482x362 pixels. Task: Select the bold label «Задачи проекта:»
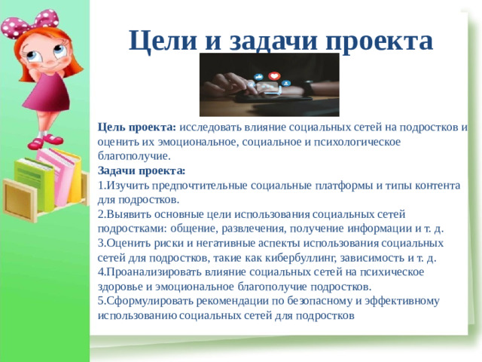[142, 171]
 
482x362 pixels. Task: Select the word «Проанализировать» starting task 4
[148, 272]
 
